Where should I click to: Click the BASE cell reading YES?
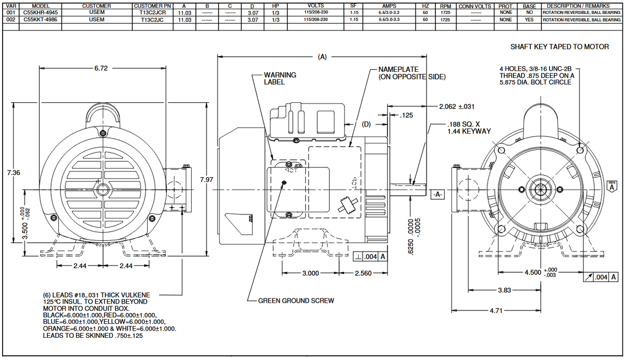pos(529,20)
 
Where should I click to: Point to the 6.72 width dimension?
pos(101,69)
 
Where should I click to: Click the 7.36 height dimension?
pos(14,173)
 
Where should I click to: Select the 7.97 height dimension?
pos(206,179)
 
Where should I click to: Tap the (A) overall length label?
pos(322,57)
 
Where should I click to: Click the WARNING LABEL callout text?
pos(280,79)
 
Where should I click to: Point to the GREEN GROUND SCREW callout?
pos(296,301)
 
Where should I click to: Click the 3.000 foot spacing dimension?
pos(310,273)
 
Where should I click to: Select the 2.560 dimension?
pos(364,273)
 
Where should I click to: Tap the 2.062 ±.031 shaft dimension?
pos(457,106)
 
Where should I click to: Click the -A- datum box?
pos(437,195)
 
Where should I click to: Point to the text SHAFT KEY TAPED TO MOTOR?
pos(559,46)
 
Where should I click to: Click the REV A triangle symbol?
pos(612,186)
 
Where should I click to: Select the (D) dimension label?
pos(366,124)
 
